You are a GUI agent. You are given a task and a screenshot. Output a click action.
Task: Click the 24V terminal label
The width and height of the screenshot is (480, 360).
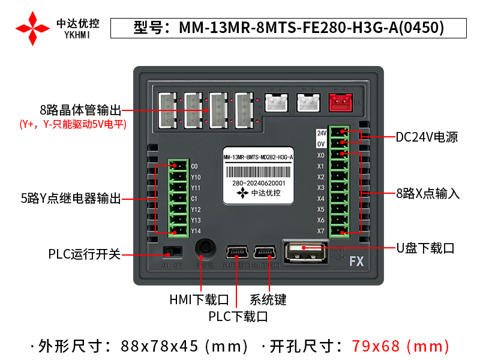pyautogui.click(x=321, y=133)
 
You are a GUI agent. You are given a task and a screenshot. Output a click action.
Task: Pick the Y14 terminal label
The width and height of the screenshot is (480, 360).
pyautogui.click(x=196, y=231)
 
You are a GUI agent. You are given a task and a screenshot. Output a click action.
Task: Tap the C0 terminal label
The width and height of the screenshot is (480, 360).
pyautogui.click(x=194, y=166)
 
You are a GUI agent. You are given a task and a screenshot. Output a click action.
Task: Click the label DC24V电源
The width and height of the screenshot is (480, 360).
pyautogui.click(x=427, y=137)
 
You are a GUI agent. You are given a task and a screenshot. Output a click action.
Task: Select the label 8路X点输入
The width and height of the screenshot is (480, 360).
pyautogui.click(x=428, y=194)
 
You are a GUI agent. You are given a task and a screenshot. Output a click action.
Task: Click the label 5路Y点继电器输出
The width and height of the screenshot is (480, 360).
pyautogui.click(x=71, y=199)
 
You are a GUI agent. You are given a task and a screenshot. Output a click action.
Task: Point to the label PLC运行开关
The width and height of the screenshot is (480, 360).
pyautogui.click(x=85, y=254)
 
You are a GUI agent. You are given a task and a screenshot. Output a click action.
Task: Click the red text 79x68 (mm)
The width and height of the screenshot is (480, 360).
pyautogui.click(x=400, y=346)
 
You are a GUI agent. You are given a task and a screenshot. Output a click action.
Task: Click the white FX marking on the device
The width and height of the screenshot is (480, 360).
pyautogui.click(x=356, y=262)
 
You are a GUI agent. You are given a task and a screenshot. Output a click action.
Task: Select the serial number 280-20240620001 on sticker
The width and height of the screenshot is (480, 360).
pyautogui.click(x=258, y=183)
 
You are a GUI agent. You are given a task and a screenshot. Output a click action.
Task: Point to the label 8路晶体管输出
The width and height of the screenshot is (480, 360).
pyautogui.click(x=80, y=110)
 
